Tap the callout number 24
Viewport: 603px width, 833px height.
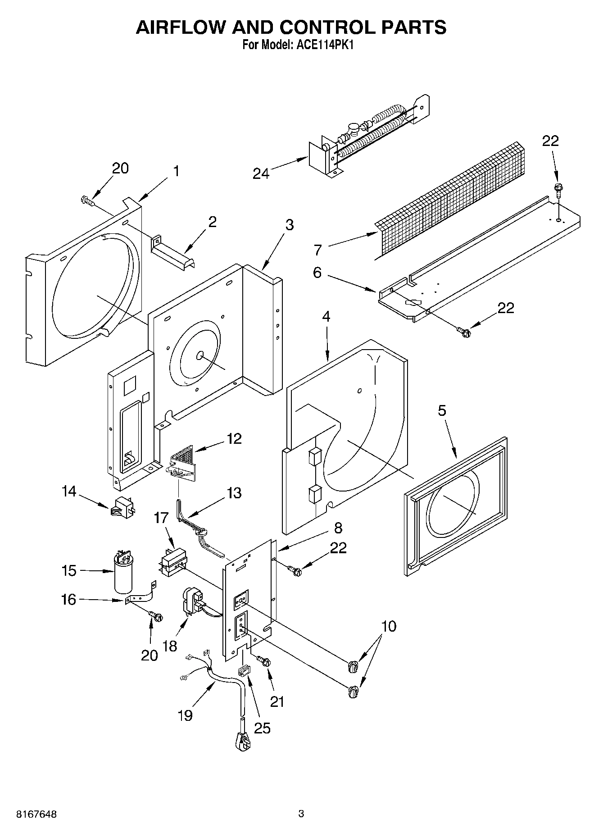coord(261,173)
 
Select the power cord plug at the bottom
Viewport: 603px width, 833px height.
coord(242,741)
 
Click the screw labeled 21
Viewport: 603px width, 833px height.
coord(264,661)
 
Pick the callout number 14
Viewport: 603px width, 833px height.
coord(69,491)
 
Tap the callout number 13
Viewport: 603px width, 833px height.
coord(234,493)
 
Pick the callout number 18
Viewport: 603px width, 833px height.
coord(170,646)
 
